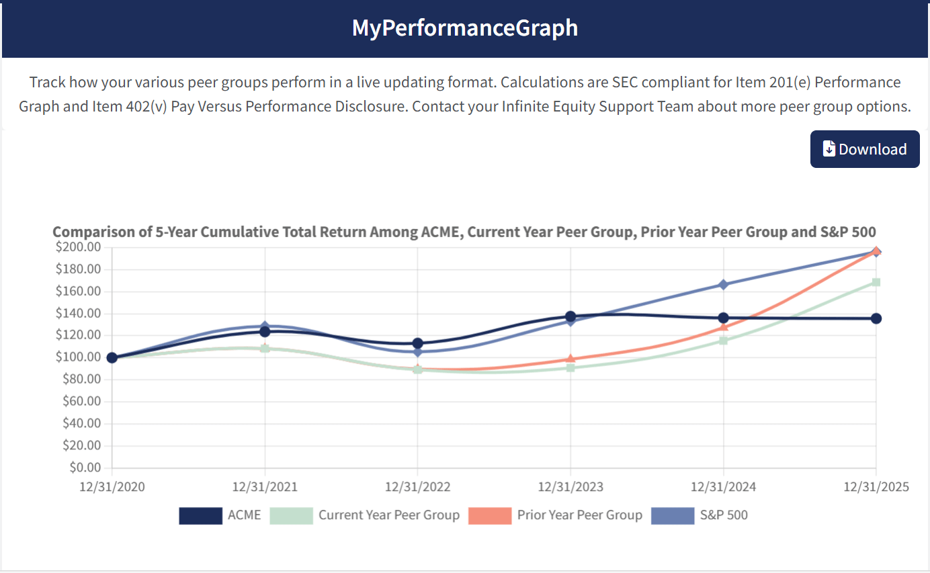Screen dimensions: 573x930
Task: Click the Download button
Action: point(864,149)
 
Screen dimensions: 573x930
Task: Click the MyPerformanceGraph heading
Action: point(464,28)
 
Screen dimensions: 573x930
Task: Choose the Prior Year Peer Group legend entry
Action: point(555,515)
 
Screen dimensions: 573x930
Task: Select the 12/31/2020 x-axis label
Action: point(112,487)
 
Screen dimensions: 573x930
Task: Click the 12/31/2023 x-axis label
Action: point(570,487)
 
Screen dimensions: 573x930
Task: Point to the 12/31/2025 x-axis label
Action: point(876,487)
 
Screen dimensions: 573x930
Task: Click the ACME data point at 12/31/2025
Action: point(876,318)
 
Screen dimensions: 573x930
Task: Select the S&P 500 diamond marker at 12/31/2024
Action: point(723,284)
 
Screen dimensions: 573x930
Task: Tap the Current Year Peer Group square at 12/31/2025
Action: point(876,282)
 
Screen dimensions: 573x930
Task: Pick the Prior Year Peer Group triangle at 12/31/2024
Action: point(724,326)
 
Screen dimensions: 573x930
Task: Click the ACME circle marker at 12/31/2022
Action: point(417,343)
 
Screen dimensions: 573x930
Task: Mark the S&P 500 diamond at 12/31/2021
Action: point(265,326)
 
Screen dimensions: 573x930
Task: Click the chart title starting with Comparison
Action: point(464,232)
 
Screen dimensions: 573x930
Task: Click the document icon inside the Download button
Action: point(829,149)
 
